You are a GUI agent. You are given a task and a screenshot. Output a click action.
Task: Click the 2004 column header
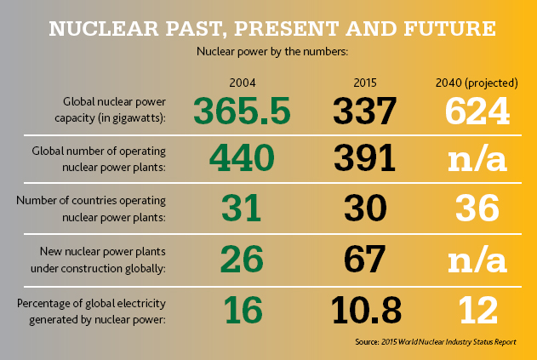[243, 83]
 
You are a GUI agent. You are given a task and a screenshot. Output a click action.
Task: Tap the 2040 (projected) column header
[476, 83]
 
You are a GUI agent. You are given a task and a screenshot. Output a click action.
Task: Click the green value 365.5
[243, 111]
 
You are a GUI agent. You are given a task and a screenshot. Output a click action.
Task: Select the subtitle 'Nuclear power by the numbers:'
[269, 51]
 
